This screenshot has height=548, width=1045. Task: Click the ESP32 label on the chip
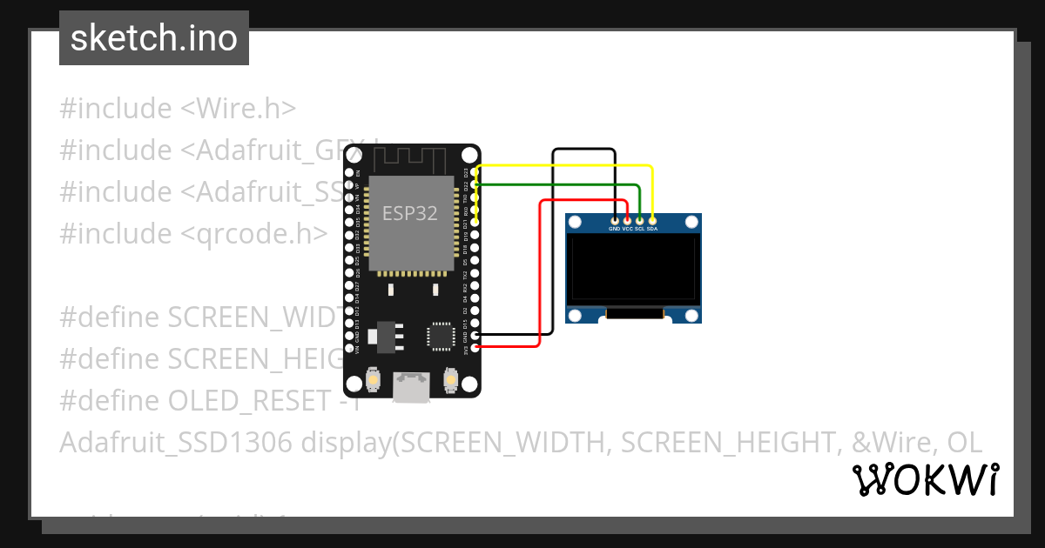click(410, 212)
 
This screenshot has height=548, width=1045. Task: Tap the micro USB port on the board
click(410, 385)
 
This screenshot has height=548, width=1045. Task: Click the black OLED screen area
click(633, 269)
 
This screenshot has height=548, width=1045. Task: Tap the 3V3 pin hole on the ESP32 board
click(475, 348)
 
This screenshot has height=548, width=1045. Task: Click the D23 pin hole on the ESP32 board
click(475, 172)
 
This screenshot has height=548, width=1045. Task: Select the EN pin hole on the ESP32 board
click(349, 172)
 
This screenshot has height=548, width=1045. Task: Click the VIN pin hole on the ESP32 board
click(349, 348)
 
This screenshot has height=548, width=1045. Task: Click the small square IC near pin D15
click(441, 337)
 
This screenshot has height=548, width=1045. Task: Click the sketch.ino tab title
click(154, 38)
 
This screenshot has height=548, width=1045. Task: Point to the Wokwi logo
click(926, 479)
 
